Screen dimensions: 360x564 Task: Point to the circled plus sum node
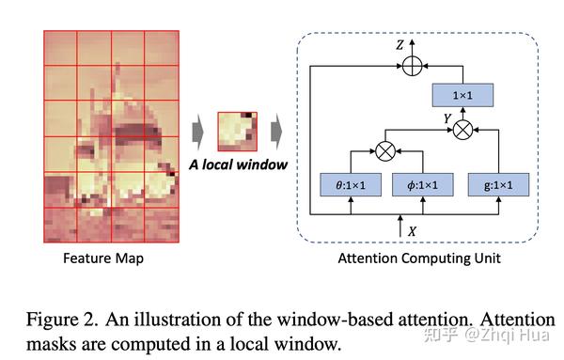410,63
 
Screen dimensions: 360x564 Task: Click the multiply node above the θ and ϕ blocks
385,148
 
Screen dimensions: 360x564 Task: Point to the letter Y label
446,118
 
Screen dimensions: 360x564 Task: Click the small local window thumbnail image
236,130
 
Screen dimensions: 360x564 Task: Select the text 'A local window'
237,165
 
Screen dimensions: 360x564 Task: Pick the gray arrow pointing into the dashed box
275,130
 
